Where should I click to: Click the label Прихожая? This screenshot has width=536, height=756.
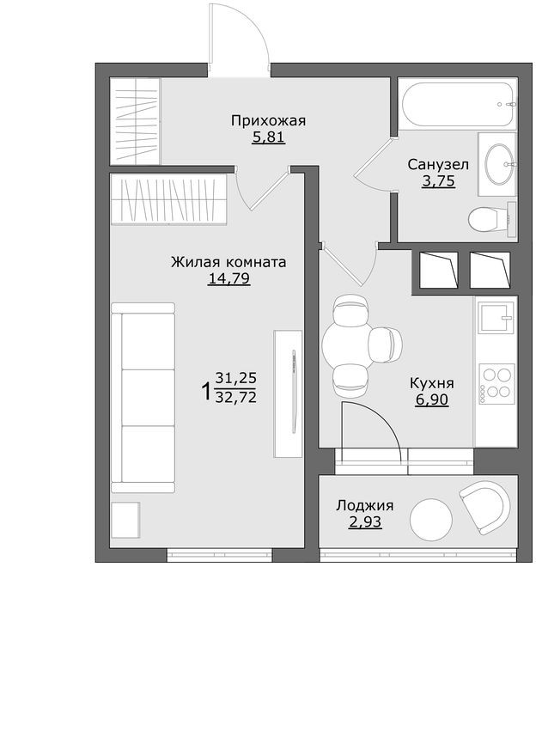[268, 120]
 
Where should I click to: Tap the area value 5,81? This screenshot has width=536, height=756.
[268, 137]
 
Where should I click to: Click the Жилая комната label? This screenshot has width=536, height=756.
[228, 262]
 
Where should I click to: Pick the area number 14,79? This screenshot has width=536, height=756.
[228, 278]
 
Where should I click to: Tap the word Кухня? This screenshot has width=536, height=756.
[432, 383]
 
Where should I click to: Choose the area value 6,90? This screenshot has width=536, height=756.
[432, 399]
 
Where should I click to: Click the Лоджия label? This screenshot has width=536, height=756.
[365, 505]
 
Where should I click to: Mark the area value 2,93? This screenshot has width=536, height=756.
[365, 521]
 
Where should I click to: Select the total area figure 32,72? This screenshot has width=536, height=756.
[236, 397]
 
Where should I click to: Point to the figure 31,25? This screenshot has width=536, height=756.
[236, 378]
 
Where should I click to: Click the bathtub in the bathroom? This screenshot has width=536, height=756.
[458, 104]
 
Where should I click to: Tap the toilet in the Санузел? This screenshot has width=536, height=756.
[488, 220]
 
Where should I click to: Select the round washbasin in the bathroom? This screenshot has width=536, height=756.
[499, 163]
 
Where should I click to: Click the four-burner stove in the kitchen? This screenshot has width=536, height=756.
[496, 384]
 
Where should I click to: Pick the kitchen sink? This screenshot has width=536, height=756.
[495, 320]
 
